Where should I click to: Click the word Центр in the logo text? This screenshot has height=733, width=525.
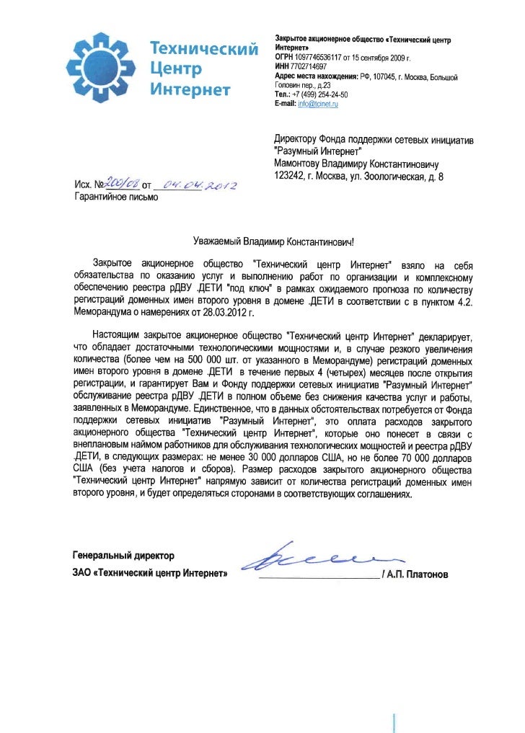click(x=175, y=71)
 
